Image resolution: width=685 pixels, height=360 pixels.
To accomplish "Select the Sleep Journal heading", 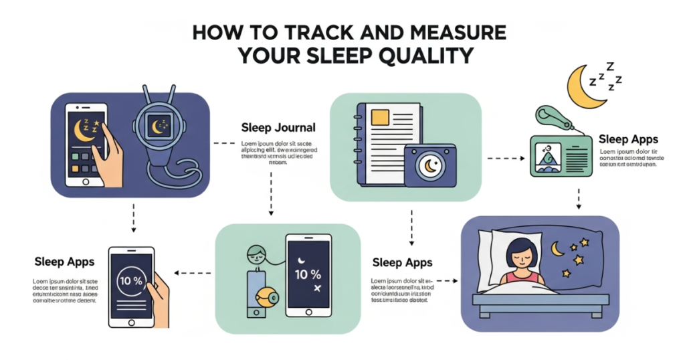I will click(x=278, y=126).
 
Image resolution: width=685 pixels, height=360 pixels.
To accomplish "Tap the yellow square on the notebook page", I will click(x=380, y=118).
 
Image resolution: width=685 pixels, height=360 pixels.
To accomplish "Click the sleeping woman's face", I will click(x=519, y=254).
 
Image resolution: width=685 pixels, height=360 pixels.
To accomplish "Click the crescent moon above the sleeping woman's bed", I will click(x=557, y=249).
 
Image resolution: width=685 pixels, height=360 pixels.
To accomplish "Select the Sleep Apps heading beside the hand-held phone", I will click(x=64, y=261).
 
